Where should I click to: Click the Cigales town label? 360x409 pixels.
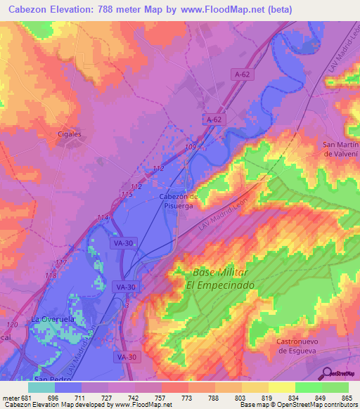[70, 134]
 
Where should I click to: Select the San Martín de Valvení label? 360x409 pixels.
[340, 149]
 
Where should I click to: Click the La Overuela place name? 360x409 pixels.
[52, 319]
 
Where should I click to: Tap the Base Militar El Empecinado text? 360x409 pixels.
[219, 278]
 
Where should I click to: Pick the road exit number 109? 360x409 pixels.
[190, 146]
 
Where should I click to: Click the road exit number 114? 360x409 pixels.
[103, 217]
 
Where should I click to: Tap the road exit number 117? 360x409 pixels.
[60, 263]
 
